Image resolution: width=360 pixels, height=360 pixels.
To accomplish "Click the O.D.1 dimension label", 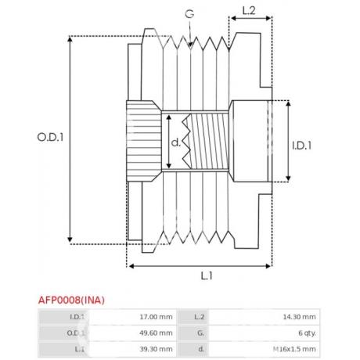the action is pyautogui.click(x=50, y=137).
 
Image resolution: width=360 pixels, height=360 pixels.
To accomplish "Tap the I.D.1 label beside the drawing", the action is pyautogui.click(x=301, y=146).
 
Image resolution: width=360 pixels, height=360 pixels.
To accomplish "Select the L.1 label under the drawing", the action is pyautogui.click(x=207, y=275).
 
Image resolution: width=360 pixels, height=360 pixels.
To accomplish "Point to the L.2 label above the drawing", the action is pyautogui.click(x=249, y=11).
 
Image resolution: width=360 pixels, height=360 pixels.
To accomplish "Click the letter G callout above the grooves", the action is pyautogui.click(x=189, y=14).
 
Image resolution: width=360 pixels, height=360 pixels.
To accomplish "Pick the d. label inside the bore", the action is pyautogui.click(x=176, y=142).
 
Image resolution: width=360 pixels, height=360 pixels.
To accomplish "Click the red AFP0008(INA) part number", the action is pyautogui.click(x=71, y=300).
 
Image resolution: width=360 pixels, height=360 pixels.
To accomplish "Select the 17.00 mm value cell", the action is pyautogui.click(x=156, y=317).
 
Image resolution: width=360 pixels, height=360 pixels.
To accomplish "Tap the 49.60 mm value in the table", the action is pyautogui.click(x=156, y=333).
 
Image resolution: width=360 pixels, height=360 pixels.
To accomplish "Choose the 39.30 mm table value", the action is pyautogui.click(x=156, y=349).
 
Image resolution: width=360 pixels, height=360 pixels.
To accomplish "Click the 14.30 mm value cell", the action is pyautogui.click(x=300, y=317).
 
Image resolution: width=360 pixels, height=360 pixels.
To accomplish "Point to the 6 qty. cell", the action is pyautogui.click(x=307, y=333).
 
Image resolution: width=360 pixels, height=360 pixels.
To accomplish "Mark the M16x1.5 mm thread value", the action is pyautogui.click(x=294, y=349).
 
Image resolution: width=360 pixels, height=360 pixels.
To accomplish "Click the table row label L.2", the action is pyautogui.click(x=200, y=317).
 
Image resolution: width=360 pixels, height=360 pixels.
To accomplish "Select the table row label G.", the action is pyautogui.click(x=200, y=333).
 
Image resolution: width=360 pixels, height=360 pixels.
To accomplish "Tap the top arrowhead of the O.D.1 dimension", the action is pyautogui.click(x=70, y=39).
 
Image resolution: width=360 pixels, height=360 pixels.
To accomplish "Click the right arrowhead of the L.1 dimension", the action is pyautogui.click(x=268, y=266).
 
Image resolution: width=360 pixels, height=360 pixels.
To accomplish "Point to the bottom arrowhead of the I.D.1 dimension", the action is pyautogui.click(x=288, y=178).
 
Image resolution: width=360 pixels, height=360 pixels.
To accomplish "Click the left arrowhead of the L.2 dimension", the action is pyautogui.click(x=233, y=18).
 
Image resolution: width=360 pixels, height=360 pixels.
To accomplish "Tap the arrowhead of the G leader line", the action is pyautogui.click(x=191, y=45).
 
